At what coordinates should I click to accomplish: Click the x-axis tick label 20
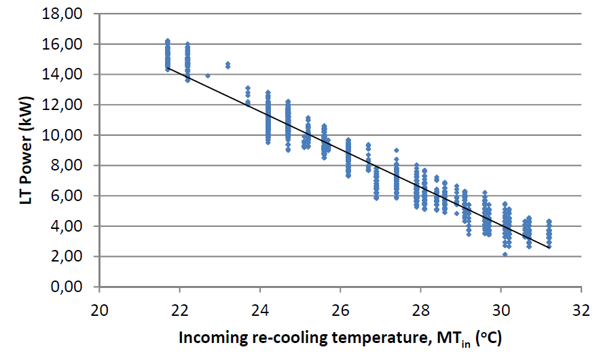click(99, 305)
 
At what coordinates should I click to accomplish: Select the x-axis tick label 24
click(260, 305)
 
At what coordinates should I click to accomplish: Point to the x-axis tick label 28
click(420, 305)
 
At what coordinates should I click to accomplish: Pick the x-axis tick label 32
click(581, 305)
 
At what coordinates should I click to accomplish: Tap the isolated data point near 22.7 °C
click(208, 75)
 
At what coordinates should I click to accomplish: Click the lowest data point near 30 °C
click(505, 254)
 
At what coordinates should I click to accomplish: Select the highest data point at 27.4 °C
click(396, 150)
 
